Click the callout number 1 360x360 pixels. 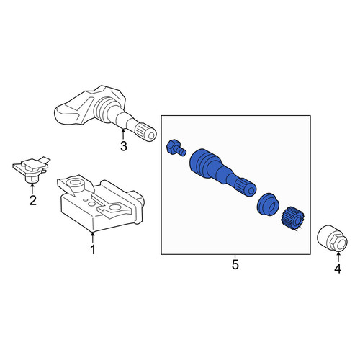pyautogui.click(x=93, y=250)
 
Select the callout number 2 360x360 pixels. pyautogui.click(x=33, y=200)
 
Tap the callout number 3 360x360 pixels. pyautogui.click(x=124, y=146)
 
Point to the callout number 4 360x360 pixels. pyautogui.click(x=338, y=269)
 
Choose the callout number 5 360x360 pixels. pyautogui.click(x=235, y=264)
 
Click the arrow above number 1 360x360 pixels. pyautogui.click(x=92, y=237)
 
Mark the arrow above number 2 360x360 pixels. pyautogui.click(x=32, y=188)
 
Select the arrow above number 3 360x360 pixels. pyautogui.click(x=123, y=134)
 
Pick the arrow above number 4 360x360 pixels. pyautogui.click(x=338, y=256)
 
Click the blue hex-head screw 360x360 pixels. pyautogui.click(x=176, y=148)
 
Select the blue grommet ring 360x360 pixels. pyautogui.click(x=268, y=204)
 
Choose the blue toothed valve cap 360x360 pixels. pyautogui.click(x=292, y=218)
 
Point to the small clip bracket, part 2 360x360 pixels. pyautogui.click(x=32, y=170)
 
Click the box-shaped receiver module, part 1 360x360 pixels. pyautogui.click(x=100, y=204)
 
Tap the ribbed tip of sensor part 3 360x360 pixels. pyautogui.click(x=146, y=132)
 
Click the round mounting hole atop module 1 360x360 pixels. pyautogui.click(x=75, y=183)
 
